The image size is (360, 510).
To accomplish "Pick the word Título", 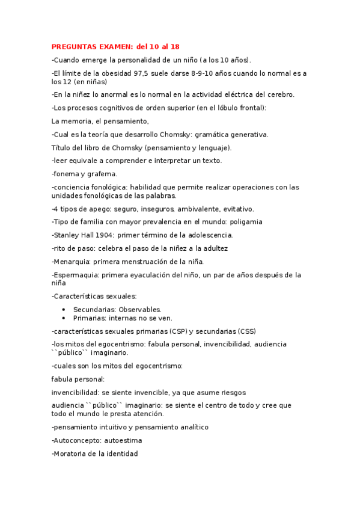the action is (61, 147).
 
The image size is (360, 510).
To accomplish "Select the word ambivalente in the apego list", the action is (197, 209).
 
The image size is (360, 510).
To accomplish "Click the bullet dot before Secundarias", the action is (64, 309).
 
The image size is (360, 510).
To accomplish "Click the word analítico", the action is (185, 427).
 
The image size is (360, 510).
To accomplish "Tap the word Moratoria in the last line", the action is (72, 453).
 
